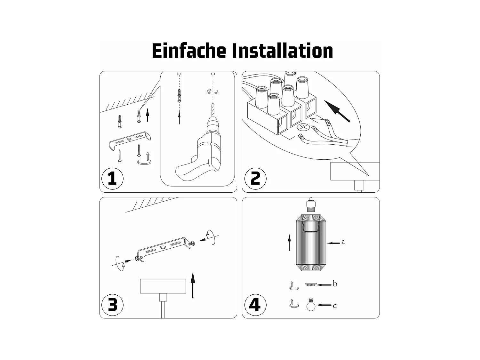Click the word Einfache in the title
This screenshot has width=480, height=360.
point(189,51)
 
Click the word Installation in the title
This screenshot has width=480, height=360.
point(283,51)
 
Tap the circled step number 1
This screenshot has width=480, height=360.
point(112,179)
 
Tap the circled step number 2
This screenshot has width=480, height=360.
point(255,179)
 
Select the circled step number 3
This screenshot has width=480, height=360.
point(112,305)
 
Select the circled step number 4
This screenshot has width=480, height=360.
point(255,305)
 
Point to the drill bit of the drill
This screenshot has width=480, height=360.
point(213,110)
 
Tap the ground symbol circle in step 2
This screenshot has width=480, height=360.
point(303,127)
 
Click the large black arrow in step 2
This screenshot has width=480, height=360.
point(337,111)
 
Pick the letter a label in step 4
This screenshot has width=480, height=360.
point(343,242)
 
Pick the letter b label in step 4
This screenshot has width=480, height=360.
point(335,284)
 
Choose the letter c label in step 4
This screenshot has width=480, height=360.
point(335,306)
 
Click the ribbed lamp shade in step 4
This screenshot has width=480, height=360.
point(311,243)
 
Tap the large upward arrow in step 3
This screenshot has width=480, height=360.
point(193,285)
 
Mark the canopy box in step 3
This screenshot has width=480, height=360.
point(163,286)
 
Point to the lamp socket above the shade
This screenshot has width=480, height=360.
point(311,204)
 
